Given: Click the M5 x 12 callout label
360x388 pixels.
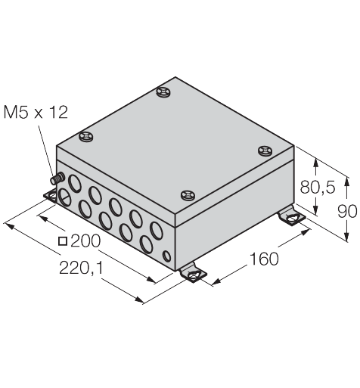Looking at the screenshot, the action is point(36,112).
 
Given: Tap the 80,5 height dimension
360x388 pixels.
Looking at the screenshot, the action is point(318,188).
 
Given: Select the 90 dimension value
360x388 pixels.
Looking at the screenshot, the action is point(347,211).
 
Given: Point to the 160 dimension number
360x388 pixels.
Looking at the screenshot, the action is point(264,259).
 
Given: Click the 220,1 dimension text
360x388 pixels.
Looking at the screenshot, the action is point(82,268).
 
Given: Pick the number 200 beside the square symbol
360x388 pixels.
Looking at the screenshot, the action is point(85,241).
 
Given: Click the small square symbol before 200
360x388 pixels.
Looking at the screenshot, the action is point(63,241).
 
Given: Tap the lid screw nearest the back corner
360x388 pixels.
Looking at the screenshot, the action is point(163,92).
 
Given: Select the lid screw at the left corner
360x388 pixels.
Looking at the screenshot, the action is point(86,137).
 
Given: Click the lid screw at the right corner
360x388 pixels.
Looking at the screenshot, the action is point(265,151).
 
